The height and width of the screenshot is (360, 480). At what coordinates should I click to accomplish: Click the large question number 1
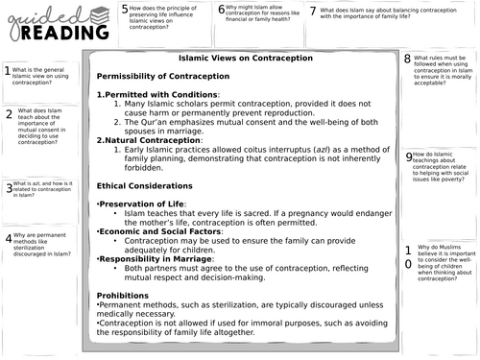8,71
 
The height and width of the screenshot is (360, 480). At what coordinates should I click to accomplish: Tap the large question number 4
8,238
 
